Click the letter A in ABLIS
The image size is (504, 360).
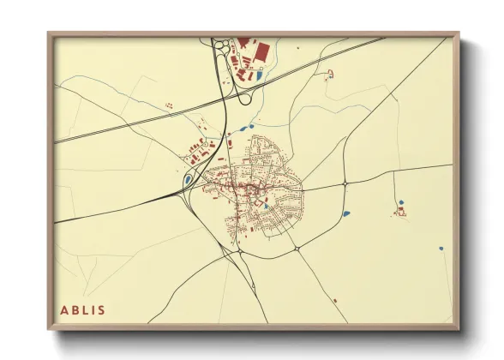tap(63, 309)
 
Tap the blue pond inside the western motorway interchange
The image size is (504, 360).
tap(188, 180)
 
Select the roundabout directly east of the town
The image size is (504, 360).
tap(345, 183)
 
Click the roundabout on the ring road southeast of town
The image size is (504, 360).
tap(296, 249)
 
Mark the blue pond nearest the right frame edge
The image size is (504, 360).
tap(441, 249)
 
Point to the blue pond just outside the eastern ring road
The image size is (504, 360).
tap(345, 213)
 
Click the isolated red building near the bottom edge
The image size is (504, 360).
tap(334, 300)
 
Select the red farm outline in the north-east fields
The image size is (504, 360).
tap(331, 74)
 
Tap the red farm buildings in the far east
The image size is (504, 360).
tap(399, 211)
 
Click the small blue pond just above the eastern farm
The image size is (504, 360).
tap(400, 202)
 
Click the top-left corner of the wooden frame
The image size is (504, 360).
tap(48, 33)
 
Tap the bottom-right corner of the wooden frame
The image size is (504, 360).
tap(459, 329)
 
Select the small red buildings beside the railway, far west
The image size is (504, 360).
tap(169, 105)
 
